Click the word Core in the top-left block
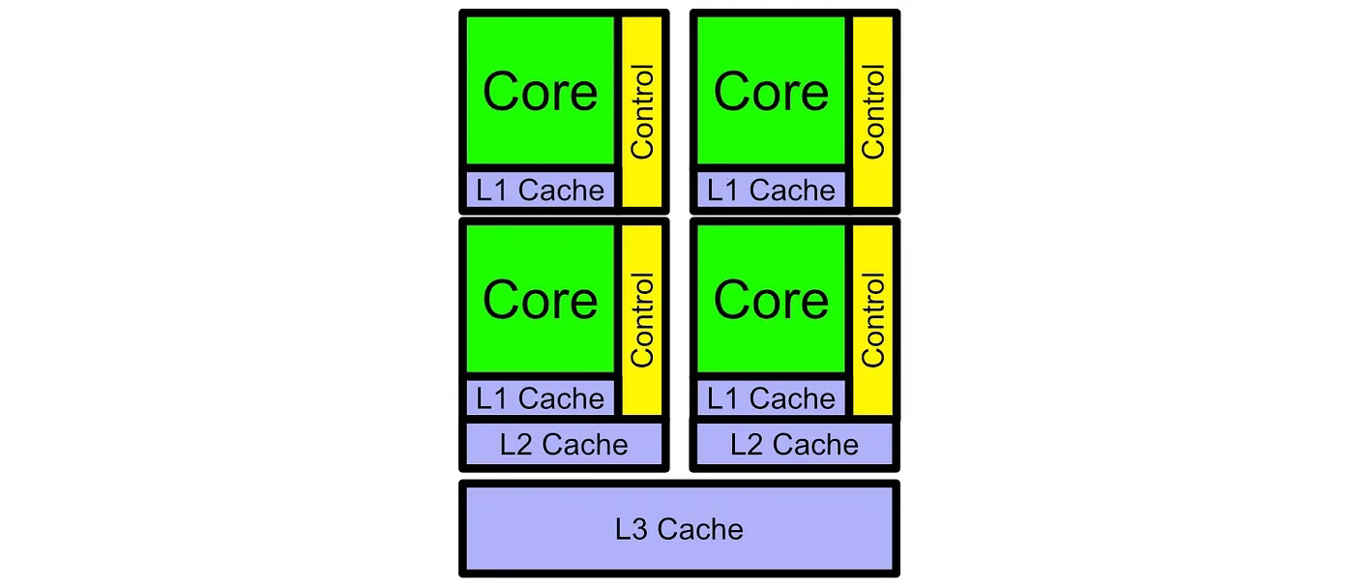coord(540,92)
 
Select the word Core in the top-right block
coord(771,92)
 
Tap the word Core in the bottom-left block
coord(540,300)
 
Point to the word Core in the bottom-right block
coord(771,300)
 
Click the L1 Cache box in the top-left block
coord(540,190)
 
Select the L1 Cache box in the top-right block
coord(771,190)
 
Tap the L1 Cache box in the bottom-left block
coord(540,397)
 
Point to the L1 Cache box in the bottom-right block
coord(771,397)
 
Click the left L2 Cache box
coord(564,445)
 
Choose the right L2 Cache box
coord(794,445)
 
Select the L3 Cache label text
coord(679,529)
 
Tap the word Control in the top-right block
coord(872,111)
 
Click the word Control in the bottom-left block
coord(642,319)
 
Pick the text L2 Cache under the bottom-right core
coord(794,445)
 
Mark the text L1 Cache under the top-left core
coord(540,190)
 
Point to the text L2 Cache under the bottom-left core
coord(564,445)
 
